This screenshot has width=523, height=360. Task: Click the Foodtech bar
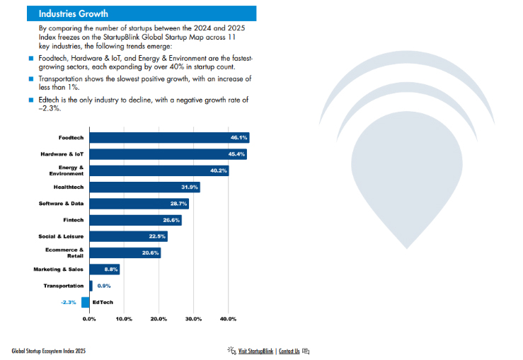(168, 138)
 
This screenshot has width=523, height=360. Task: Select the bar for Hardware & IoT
(168, 154)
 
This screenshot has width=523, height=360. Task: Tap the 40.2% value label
(219, 170)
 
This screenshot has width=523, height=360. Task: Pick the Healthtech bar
(144, 187)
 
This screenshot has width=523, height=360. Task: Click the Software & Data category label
(61, 204)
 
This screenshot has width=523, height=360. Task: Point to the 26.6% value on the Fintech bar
(171, 220)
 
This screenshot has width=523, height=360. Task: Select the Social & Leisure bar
(128, 236)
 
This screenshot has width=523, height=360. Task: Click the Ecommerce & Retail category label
(69, 252)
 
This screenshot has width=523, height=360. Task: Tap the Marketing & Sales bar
(104, 269)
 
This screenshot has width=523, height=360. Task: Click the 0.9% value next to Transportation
(103, 286)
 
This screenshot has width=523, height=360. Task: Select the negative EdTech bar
(85, 302)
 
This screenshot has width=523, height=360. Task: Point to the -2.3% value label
(69, 302)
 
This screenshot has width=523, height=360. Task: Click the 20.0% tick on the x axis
(159, 319)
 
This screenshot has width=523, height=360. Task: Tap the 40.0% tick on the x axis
(228, 319)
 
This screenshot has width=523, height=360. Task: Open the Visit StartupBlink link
(255, 351)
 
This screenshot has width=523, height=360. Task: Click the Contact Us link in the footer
(289, 351)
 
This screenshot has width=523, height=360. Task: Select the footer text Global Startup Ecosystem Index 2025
(48, 351)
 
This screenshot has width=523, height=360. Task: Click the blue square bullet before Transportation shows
(31, 79)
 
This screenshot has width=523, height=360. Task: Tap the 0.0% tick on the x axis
(89, 319)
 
